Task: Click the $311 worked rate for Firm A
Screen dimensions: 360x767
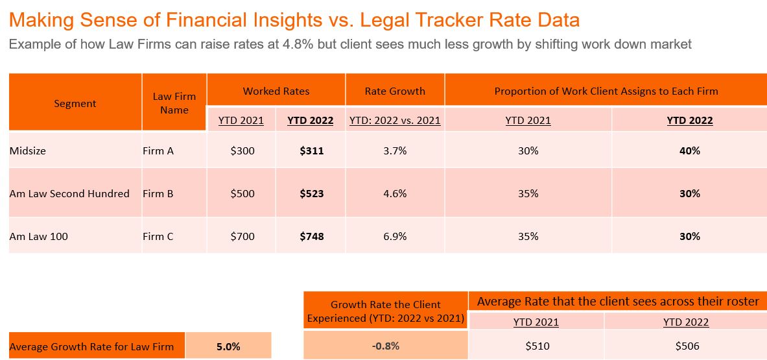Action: pos(311,150)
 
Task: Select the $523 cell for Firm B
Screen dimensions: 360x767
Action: pos(311,193)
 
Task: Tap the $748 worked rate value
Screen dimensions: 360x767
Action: pos(311,236)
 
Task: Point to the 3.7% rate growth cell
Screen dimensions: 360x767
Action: pos(395,150)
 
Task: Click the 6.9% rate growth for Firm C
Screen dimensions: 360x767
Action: pos(395,236)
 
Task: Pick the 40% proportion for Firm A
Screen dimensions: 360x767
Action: pos(690,150)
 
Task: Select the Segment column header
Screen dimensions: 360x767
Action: pos(75,103)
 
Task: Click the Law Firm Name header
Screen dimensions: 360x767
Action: pos(174,103)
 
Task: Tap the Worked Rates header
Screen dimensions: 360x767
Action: pos(276,91)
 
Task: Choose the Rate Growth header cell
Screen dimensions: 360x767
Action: pos(395,91)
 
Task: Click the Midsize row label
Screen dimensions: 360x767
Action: pos(29,150)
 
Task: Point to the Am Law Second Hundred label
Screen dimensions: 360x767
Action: pos(69,193)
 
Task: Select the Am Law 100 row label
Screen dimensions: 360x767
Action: pos(39,236)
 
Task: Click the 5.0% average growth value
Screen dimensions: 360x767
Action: pos(228,346)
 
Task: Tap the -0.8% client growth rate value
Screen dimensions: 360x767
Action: pos(386,346)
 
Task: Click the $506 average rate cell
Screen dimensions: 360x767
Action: pos(686,346)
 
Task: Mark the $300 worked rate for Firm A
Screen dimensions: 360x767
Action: pos(242,150)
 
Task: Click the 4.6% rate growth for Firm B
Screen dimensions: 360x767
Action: pos(395,193)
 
